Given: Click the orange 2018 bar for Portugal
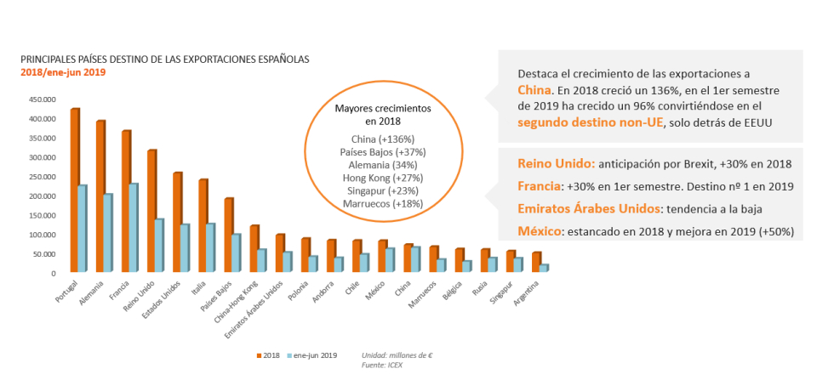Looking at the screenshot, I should [75, 191].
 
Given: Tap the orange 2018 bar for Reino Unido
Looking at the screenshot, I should [151, 212].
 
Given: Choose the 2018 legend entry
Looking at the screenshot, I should [268, 354].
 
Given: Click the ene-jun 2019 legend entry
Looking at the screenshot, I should [313, 354].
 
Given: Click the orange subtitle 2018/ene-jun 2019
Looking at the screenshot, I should [63, 72].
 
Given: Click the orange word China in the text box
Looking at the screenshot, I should [534, 90].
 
